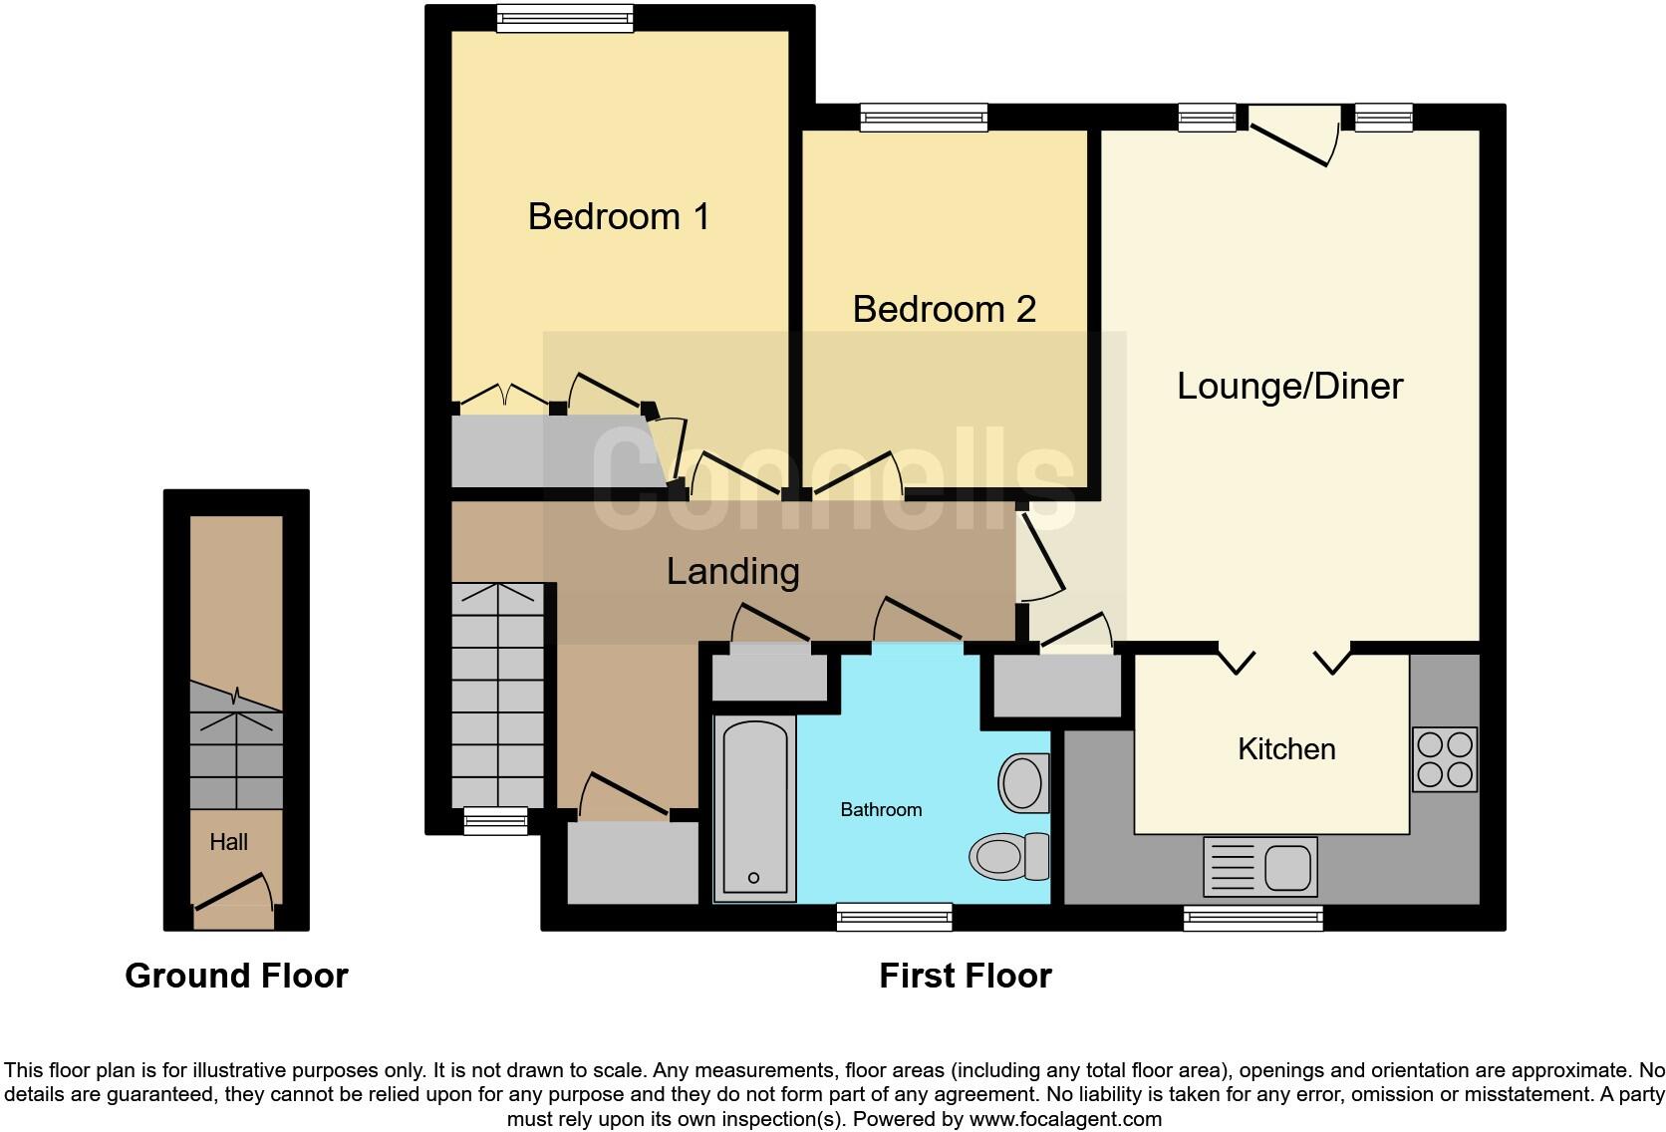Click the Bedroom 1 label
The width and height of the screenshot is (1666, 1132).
[x=618, y=216]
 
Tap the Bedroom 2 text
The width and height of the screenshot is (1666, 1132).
[x=944, y=309]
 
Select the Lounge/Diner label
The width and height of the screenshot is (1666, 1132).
[x=1289, y=386]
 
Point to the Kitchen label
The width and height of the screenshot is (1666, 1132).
[x=1285, y=748]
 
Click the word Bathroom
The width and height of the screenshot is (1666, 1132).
[x=881, y=809]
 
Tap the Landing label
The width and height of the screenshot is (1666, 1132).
[x=732, y=571]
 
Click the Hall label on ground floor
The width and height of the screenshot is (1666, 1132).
[x=228, y=842]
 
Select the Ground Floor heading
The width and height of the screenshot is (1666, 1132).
[x=236, y=976]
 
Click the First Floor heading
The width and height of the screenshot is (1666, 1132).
[x=965, y=976]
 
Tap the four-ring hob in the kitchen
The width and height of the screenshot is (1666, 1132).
[x=1444, y=759]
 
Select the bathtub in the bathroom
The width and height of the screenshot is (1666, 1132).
[x=754, y=808]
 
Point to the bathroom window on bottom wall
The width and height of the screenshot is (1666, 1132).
[x=894, y=916]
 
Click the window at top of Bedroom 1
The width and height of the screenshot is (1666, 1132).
[x=564, y=18]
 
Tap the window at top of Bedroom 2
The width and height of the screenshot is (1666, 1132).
[x=924, y=118]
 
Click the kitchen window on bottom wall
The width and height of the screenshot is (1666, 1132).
[x=1252, y=918]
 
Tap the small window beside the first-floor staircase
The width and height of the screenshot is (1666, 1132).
[x=495, y=821]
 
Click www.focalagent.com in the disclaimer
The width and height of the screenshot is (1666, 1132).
[x=1064, y=1119]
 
